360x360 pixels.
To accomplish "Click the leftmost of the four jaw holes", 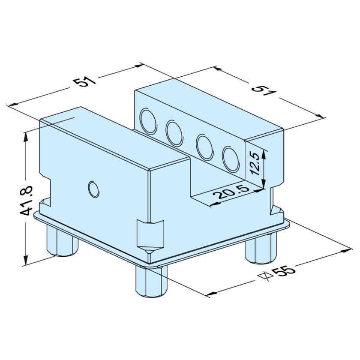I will tap(148, 120).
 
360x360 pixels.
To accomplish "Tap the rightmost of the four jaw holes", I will tap(230, 159).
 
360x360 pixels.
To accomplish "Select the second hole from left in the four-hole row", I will tap(174, 133).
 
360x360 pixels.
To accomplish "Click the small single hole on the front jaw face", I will tap(93, 189).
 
